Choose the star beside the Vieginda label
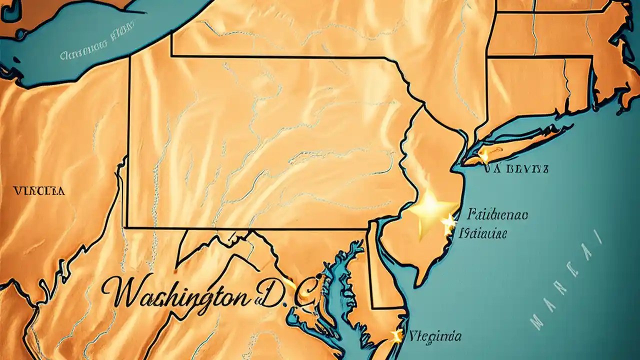pyautogui.click(x=397, y=335)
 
